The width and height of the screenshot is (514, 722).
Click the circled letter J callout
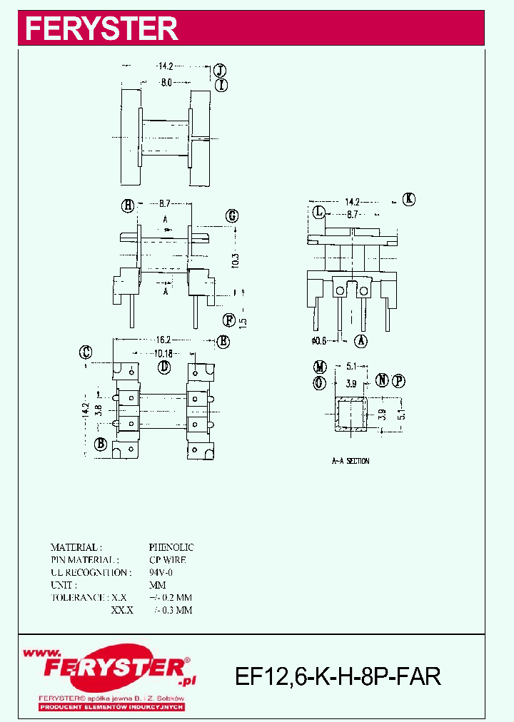(221, 70)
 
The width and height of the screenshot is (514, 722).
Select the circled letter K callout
(408, 199)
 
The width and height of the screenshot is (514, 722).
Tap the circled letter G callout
(232, 216)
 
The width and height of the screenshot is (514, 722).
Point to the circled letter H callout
(128, 205)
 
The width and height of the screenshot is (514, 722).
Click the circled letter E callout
(223, 341)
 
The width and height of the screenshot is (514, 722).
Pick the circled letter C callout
(86, 351)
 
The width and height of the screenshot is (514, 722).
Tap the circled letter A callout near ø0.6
(361, 341)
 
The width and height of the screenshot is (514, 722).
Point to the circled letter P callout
(398, 380)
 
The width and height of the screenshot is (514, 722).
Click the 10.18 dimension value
(163, 352)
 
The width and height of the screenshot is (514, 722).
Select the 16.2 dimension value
(163, 340)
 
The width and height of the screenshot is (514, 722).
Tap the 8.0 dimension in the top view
(166, 83)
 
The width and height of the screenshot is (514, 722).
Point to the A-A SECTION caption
(351, 461)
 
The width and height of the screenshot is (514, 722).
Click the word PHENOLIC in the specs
(171, 547)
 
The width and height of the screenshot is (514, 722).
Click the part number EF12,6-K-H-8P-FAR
(338, 676)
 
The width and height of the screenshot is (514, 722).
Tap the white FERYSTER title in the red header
(101, 29)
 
